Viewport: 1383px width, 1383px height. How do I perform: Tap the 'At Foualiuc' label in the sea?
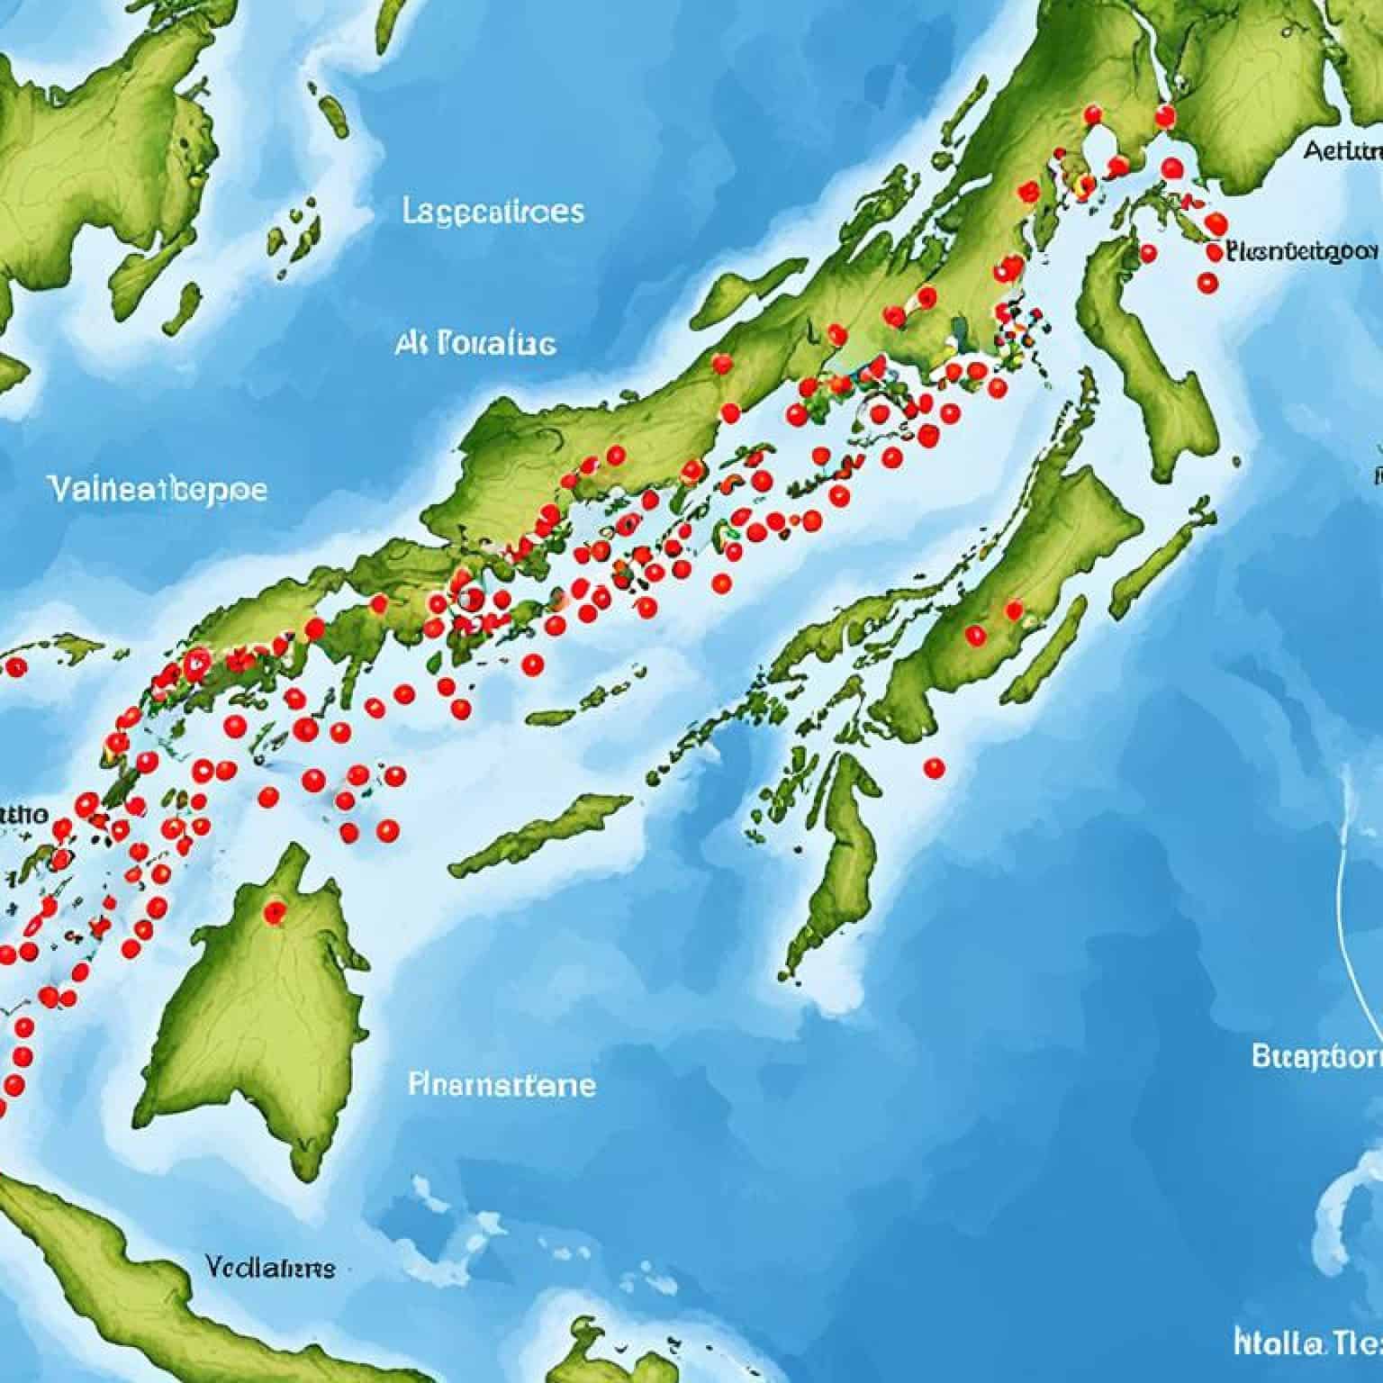pos(475,344)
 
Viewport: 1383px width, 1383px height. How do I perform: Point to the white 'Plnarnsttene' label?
pos(502,1084)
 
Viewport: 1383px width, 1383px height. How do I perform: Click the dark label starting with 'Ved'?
pos(269,1268)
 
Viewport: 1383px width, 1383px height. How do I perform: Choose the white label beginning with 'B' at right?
pos(1316,1056)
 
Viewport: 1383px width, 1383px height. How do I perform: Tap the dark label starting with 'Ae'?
pos(1342,150)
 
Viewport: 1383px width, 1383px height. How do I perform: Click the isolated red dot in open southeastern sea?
pos(935,768)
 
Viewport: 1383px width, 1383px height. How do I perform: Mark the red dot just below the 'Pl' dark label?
pos(1207,283)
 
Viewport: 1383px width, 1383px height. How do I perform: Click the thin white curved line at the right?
pos(1360,900)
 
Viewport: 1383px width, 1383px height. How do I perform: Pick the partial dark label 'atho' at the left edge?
pos(23,816)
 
